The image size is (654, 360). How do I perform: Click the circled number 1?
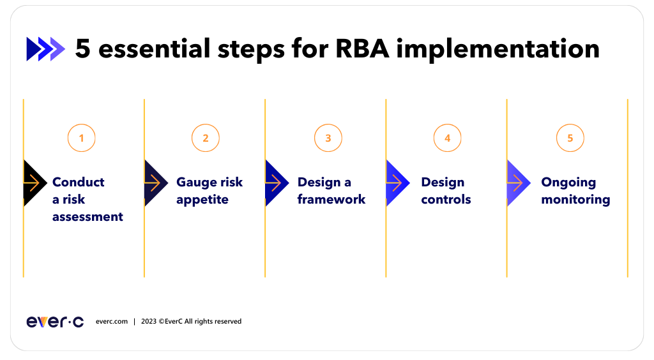(x=81, y=138)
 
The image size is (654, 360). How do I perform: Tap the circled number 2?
(x=205, y=138)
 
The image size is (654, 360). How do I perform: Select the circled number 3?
(x=328, y=138)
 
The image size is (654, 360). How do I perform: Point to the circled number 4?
(x=447, y=138)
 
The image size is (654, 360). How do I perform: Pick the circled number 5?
(x=570, y=138)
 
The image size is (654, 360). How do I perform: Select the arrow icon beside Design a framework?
(x=275, y=183)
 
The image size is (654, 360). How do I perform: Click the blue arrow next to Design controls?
(x=397, y=183)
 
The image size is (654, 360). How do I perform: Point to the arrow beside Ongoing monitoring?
(x=517, y=183)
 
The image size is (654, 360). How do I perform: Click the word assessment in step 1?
(x=87, y=217)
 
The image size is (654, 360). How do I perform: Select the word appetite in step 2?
(x=202, y=200)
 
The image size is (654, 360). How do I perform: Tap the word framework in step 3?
(x=331, y=200)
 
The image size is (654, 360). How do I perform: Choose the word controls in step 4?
(x=446, y=200)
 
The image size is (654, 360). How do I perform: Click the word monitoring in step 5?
(x=575, y=200)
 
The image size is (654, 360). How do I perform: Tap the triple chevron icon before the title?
(x=45, y=49)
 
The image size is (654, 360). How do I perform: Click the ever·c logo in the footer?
(x=55, y=322)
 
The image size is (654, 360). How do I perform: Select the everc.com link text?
(x=112, y=322)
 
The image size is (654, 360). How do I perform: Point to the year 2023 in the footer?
(x=149, y=322)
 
